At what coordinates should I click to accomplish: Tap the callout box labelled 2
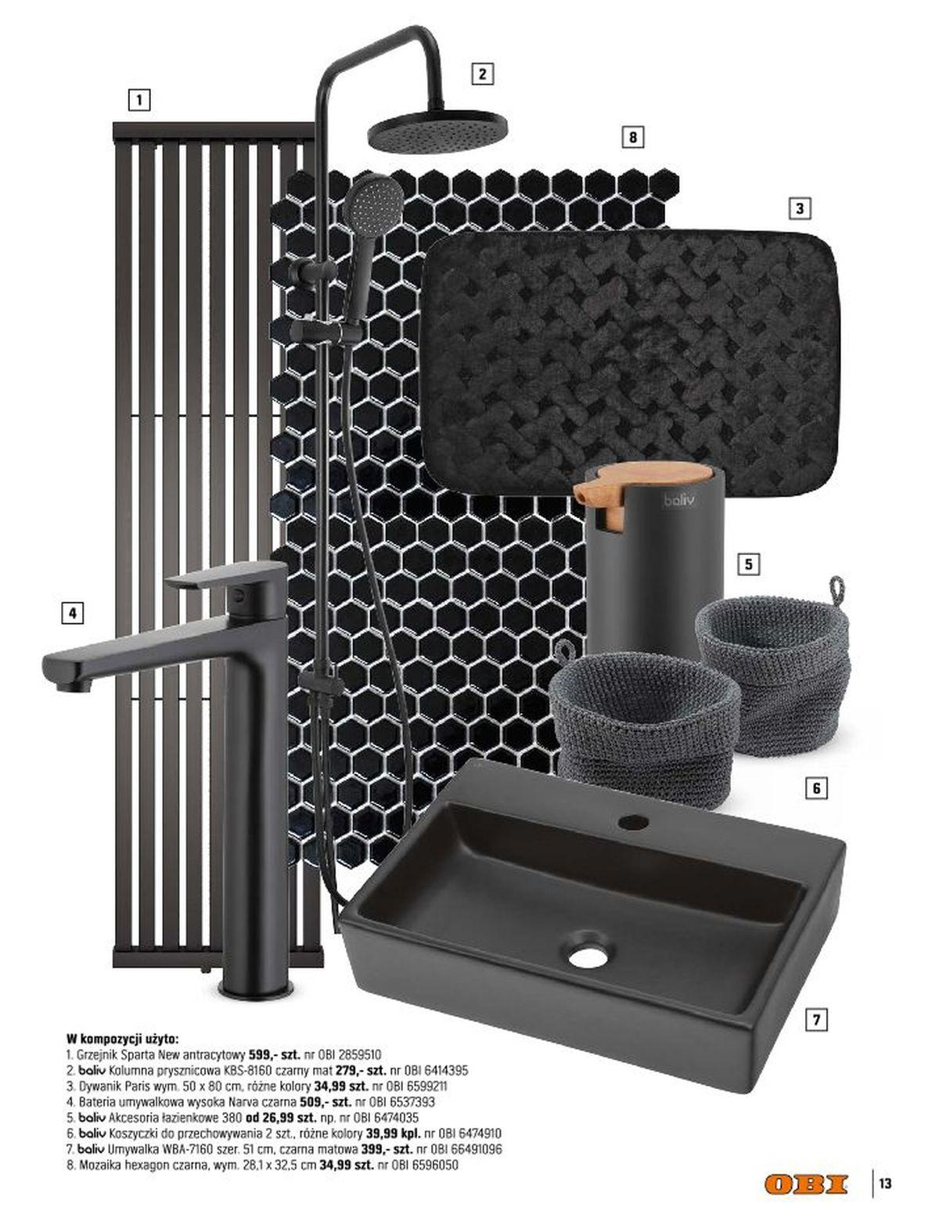click(481, 74)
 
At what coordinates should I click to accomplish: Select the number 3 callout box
click(799, 208)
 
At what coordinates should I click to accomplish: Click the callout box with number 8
click(632, 137)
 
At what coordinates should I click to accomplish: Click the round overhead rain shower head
click(437, 132)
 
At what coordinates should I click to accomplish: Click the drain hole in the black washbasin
click(588, 956)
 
